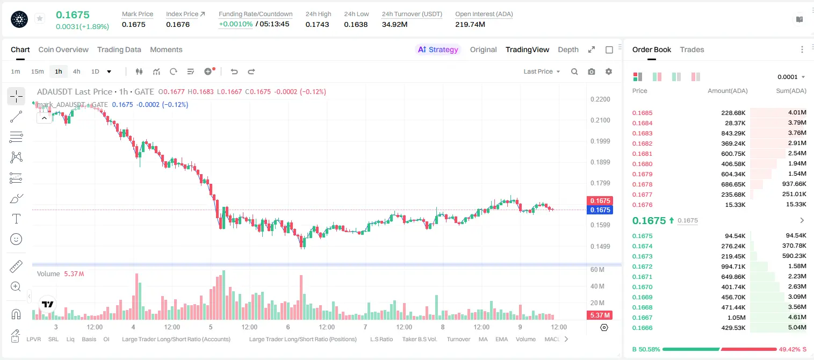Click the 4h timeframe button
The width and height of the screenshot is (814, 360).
pos(76,71)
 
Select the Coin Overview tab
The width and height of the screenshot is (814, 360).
pos(63,49)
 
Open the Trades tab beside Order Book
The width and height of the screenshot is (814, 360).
pos(691,49)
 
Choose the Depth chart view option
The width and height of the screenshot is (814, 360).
pos(568,49)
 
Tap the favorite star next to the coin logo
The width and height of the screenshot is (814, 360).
pos(40,18)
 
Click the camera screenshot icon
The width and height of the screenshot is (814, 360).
pos(591,71)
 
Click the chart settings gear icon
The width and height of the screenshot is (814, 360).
pos(609,71)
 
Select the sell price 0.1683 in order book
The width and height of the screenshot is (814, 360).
pos(642,133)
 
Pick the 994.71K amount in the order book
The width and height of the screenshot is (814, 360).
pos(733,267)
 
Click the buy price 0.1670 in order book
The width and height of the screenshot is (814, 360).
pos(642,287)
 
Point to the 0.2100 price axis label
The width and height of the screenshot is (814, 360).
pos(600,120)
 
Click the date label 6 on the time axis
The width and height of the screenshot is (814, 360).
pos(288,327)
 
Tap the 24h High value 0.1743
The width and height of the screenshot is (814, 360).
pos(317,24)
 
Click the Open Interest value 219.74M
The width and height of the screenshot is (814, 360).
pos(470,24)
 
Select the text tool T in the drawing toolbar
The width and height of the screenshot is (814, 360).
pos(16,219)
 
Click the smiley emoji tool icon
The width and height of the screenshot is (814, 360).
pos(16,239)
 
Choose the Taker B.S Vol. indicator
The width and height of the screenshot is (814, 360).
pos(419,339)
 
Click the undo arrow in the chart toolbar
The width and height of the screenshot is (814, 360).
pos(234,71)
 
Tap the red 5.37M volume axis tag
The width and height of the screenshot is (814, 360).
pos(600,315)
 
